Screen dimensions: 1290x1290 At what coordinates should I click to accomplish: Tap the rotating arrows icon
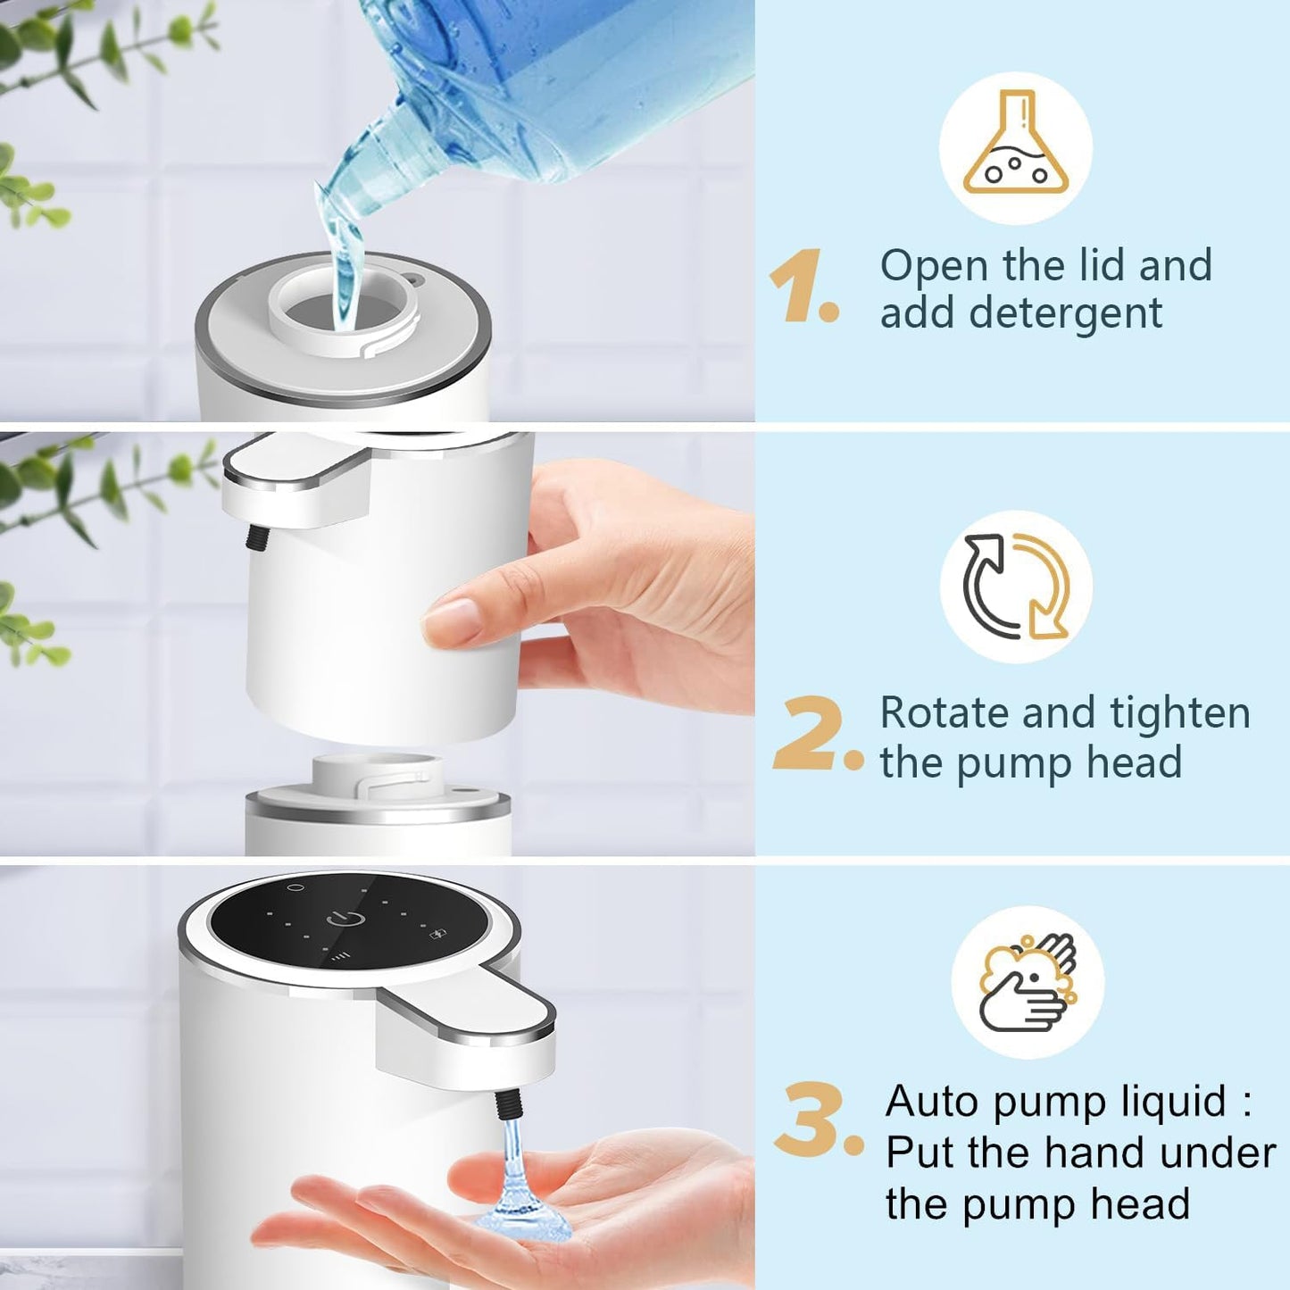pyautogui.click(x=1016, y=587)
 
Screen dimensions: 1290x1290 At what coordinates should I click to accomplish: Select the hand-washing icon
pyautogui.click(x=1028, y=982)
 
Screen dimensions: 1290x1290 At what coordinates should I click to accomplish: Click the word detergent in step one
pyautogui.click(x=1065, y=313)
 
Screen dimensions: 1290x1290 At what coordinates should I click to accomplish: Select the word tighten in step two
pyautogui.click(x=1179, y=713)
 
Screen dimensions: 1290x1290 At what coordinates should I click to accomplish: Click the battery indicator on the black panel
pyautogui.click(x=438, y=935)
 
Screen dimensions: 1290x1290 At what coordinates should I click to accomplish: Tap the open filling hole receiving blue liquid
pyautogui.click(x=345, y=312)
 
